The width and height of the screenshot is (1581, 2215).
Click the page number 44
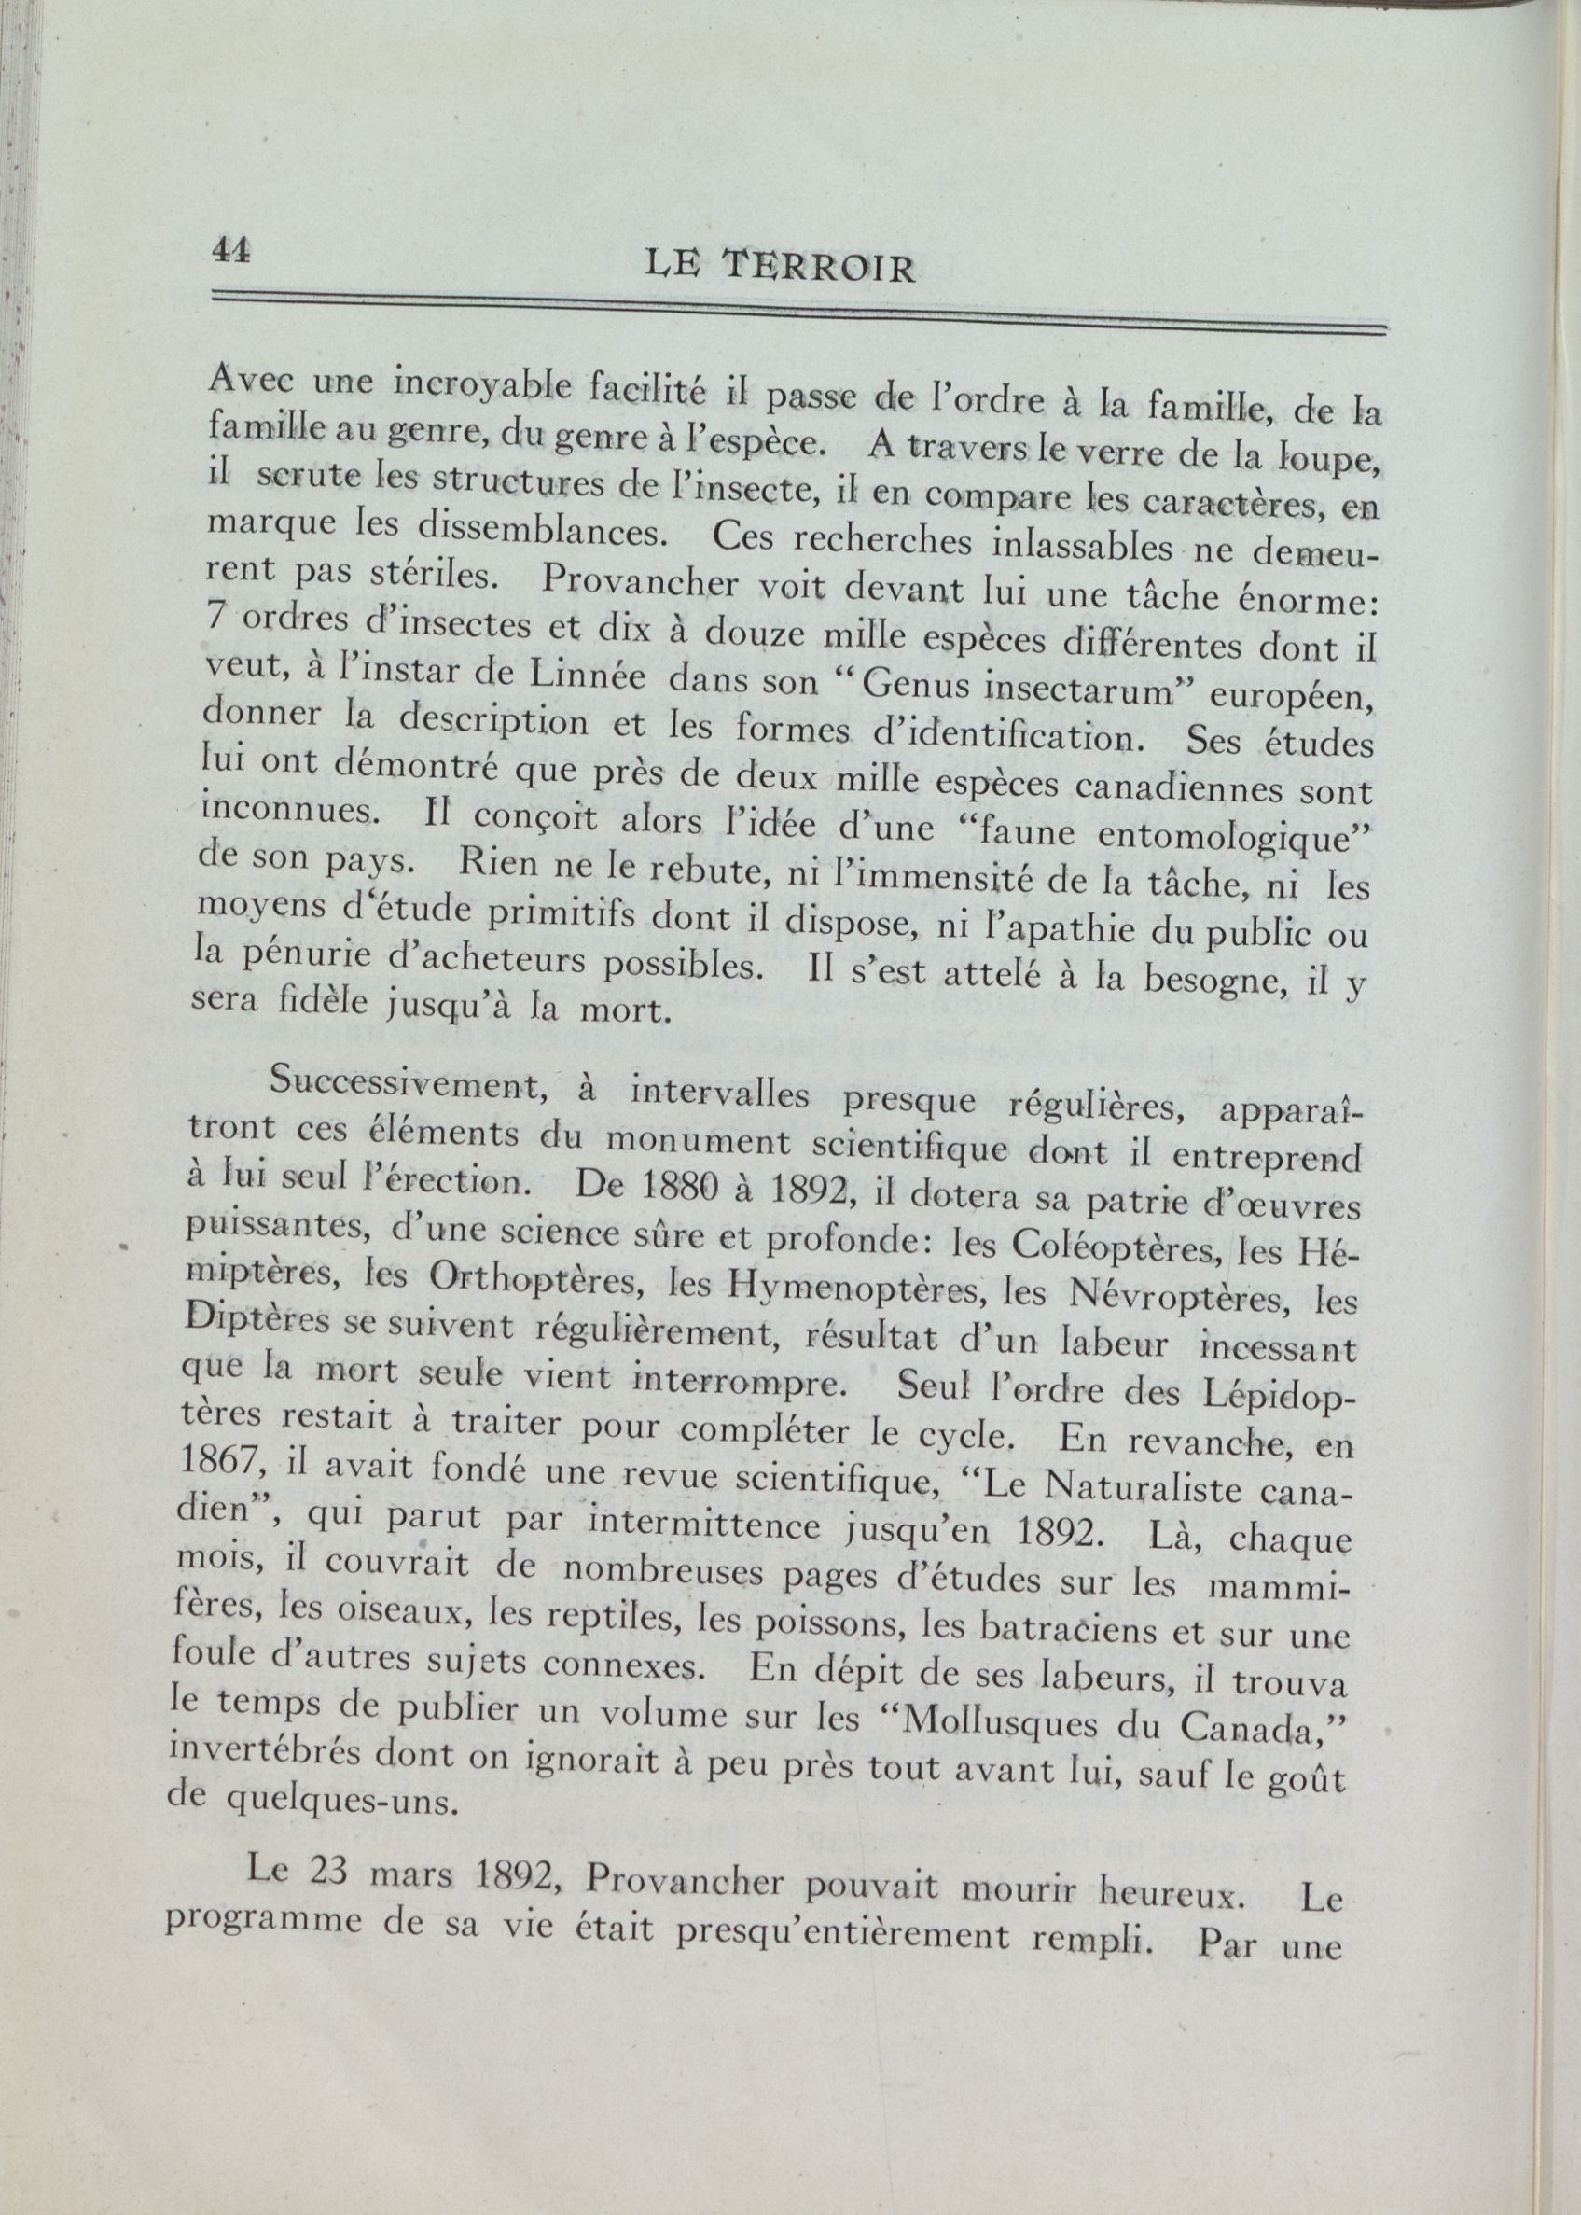pyautogui.click(x=230, y=250)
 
